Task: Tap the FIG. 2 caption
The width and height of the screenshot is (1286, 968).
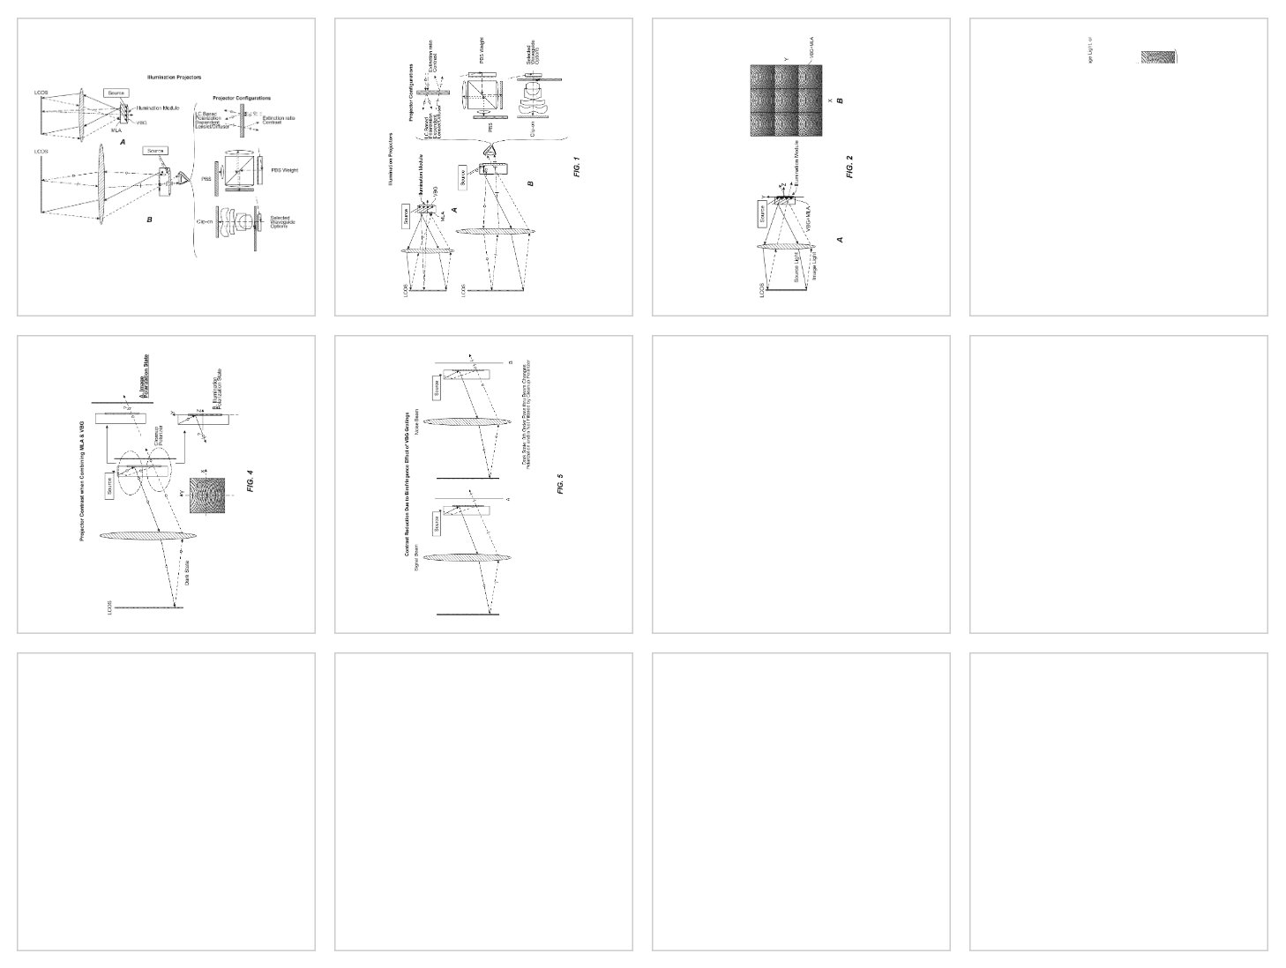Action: (x=850, y=167)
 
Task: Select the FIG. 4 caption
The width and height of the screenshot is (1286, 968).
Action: (x=250, y=481)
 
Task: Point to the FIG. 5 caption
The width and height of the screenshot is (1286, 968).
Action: (x=560, y=483)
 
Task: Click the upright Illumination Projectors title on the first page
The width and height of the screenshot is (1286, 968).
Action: (x=174, y=78)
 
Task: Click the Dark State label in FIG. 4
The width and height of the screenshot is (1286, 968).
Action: (x=188, y=574)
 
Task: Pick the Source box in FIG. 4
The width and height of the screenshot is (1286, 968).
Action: (x=110, y=486)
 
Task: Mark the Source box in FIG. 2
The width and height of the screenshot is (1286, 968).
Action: (x=761, y=214)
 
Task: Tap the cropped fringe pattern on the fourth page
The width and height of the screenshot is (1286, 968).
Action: (x=1159, y=57)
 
